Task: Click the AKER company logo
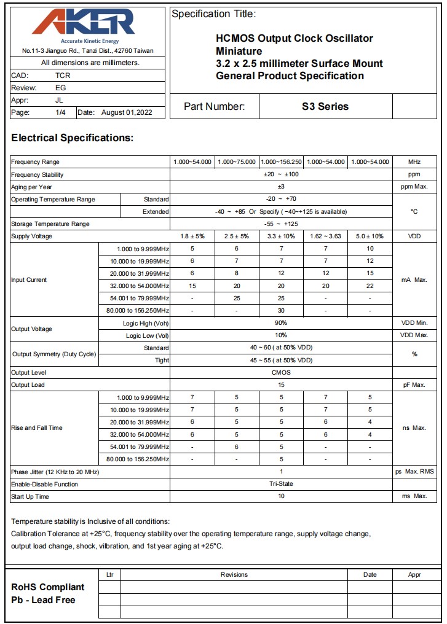tap(83, 23)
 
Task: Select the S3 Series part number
tap(325, 106)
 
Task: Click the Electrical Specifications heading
tap(72, 138)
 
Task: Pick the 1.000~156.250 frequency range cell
tap(281, 162)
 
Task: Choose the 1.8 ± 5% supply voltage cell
tap(192, 236)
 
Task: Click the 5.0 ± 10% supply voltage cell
tap(370, 236)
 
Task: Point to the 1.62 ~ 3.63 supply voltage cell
tap(325, 236)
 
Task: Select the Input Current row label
tap(29, 280)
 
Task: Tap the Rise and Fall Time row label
tap(36, 428)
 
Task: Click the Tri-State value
tap(281, 484)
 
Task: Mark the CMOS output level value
tap(281, 373)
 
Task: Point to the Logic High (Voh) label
tap(147, 323)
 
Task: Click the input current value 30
tap(281, 311)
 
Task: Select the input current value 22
tap(370, 286)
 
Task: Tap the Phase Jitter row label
tap(55, 472)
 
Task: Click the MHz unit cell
tap(414, 162)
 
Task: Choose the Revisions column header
tap(234, 575)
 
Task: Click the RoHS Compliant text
tap(48, 587)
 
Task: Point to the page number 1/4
tap(60, 112)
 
